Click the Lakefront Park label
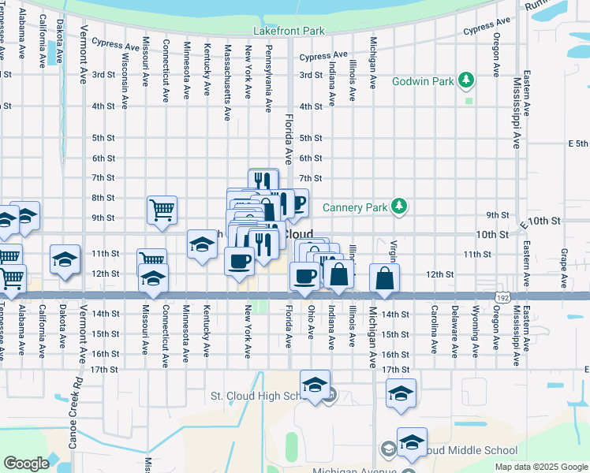tap(289, 32)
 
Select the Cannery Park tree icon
tap(401, 207)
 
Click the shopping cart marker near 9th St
tap(162, 210)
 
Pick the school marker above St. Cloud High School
tap(315, 385)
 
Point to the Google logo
tap(26, 464)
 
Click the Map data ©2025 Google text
tap(541, 467)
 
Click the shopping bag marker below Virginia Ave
tap(384, 278)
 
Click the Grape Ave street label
tap(564, 267)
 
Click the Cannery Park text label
tap(356, 208)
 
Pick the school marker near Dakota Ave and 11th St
tap(65, 260)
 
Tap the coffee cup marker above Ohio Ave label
tap(305, 275)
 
